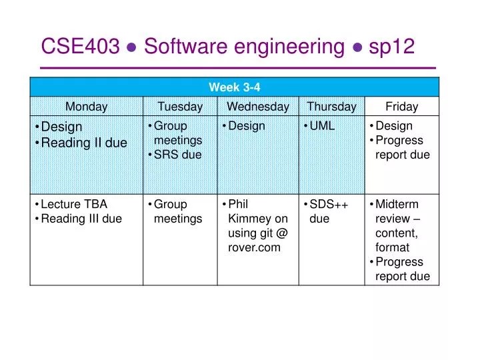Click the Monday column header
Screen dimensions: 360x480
tap(86, 107)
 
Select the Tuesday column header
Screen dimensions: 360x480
tap(180, 107)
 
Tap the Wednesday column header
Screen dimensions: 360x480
tap(257, 107)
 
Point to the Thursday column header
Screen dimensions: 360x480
tap(331, 107)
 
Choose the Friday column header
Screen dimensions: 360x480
tap(402, 107)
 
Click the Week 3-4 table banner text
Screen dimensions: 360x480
tap(235, 87)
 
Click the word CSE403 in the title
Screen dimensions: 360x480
tap(81, 47)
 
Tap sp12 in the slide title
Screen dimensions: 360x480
tap(390, 47)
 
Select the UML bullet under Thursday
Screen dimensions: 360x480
tap(322, 126)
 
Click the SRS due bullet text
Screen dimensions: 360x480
tap(177, 155)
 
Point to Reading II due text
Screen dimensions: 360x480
tap(84, 143)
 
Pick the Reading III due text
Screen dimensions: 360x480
tap(81, 219)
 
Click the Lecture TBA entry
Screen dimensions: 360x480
tap(74, 205)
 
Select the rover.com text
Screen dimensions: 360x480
tap(254, 247)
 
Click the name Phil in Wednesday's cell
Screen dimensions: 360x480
tap(238, 205)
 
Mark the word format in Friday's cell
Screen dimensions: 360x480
tap(392, 247)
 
